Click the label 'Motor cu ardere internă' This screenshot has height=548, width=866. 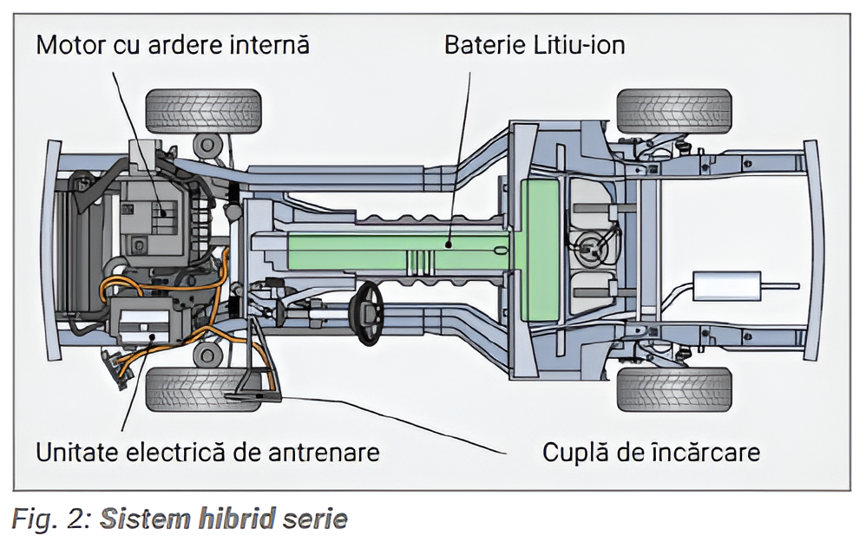(173, 44)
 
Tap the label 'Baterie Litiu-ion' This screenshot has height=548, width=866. (535, 44)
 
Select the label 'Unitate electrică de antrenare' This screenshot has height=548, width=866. (207, 452)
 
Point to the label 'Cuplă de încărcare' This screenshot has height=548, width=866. (651, 452)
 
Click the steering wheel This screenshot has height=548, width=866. (369, 312)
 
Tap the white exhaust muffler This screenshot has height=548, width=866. (726, 286)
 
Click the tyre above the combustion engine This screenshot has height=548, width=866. (203, 110)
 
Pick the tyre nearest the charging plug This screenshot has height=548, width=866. (203, 389)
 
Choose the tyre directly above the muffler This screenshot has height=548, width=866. (674, 110)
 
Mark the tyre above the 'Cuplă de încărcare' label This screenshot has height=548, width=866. (674, 389)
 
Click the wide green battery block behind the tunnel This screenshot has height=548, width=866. (540, 251)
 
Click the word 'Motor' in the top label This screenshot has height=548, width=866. (70, 44)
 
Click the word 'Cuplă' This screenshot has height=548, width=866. (575, 452)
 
